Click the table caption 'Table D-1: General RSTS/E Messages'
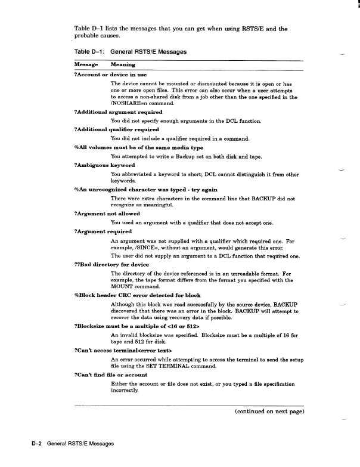[130, 52]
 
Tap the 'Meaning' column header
[123, 64]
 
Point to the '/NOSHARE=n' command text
[129, 103]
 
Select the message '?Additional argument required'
[117, 112]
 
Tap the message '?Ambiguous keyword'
[104, 165]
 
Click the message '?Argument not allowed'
[107, 213]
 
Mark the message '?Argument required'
[103, 231]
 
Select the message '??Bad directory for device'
[113, 263]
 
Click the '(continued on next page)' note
[269, 412]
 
